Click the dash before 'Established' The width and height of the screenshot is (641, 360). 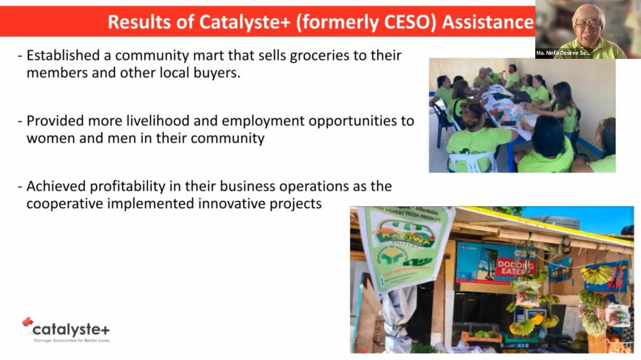(x=20, y=56)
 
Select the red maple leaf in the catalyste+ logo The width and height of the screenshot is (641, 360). (x=28, y=322)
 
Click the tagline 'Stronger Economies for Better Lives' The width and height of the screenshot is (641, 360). (x=71, y=340)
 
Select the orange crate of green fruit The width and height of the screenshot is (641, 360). (x=481, y=336)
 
